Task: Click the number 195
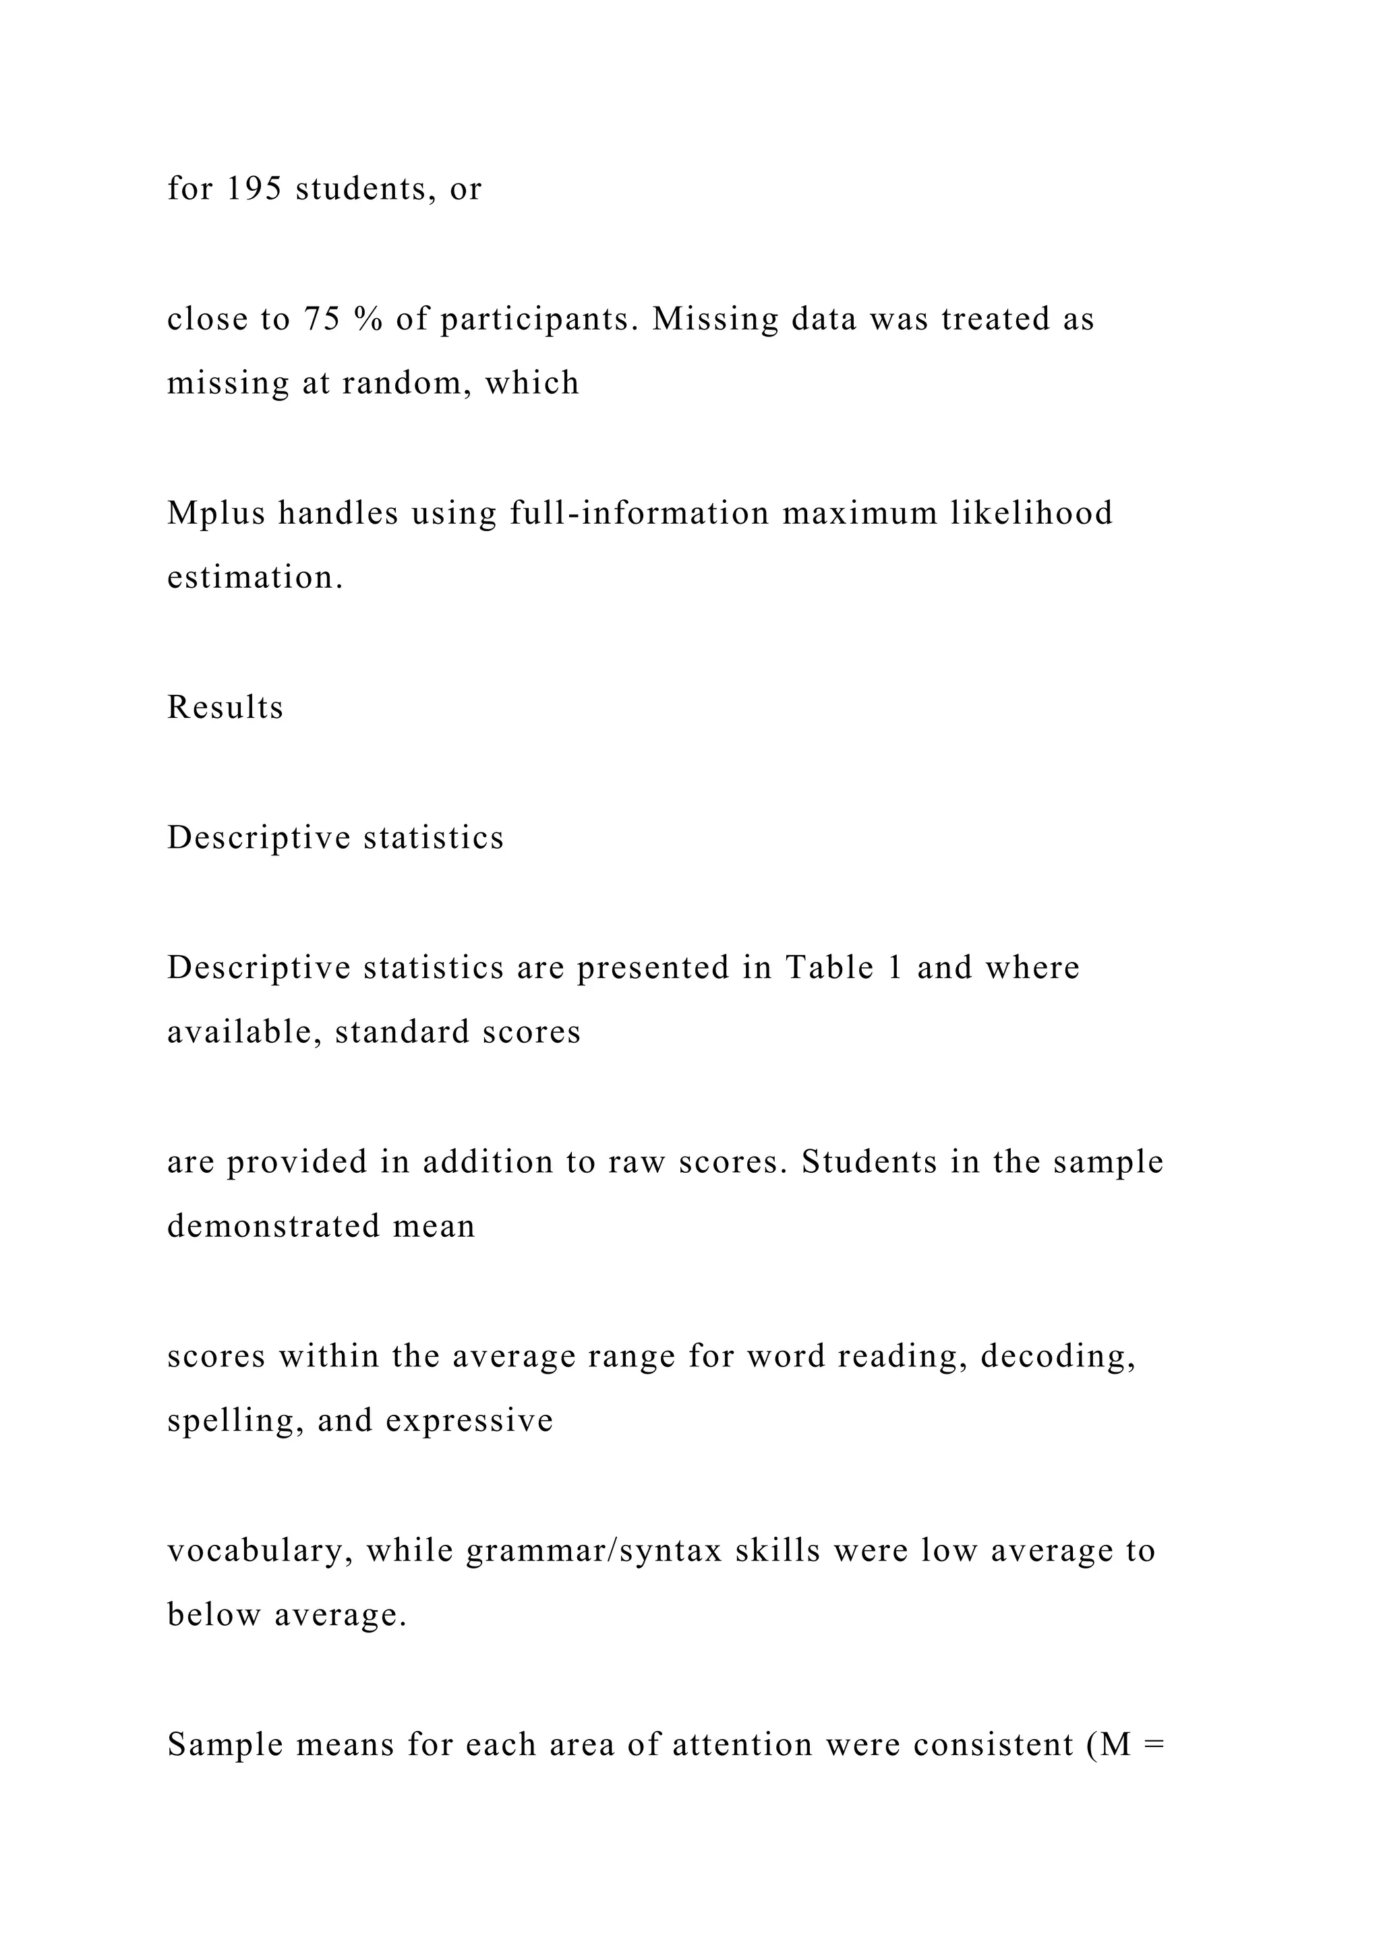254,189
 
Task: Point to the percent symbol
369,319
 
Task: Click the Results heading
225,707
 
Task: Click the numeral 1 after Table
893,967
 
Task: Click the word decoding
1058,1358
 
